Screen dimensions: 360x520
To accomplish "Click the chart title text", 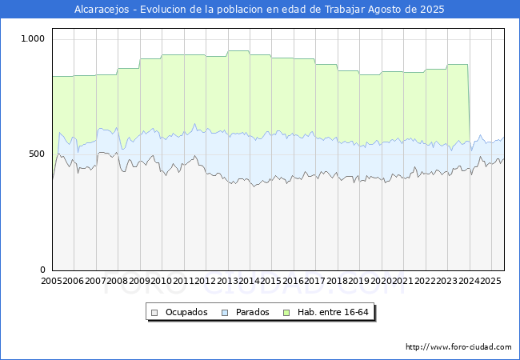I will tap(259, 10).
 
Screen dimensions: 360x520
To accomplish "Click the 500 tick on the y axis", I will tap(37, 154).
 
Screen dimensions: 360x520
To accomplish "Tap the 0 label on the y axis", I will tap(43, 270).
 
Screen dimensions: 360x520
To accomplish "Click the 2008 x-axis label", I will tap(118, 281).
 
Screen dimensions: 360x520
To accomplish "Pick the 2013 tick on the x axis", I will tap(227, 281).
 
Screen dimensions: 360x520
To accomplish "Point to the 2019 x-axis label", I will tap(359, 281).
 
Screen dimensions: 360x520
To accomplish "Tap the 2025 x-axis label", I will tap(490, 281).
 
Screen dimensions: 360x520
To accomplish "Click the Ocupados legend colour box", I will tap(155, 312).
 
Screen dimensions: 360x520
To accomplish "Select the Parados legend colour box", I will tap(226, 312).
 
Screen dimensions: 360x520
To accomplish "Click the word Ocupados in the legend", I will tap(186, 312).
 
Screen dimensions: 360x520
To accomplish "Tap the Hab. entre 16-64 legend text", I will tap(333, 312).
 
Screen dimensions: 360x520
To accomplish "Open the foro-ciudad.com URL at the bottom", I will tap(458, 347).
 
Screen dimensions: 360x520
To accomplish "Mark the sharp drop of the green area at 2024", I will tap(469, 104).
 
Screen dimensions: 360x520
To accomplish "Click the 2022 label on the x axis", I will tap(425, 281).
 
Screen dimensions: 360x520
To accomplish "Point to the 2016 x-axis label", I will tap(294, 281).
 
